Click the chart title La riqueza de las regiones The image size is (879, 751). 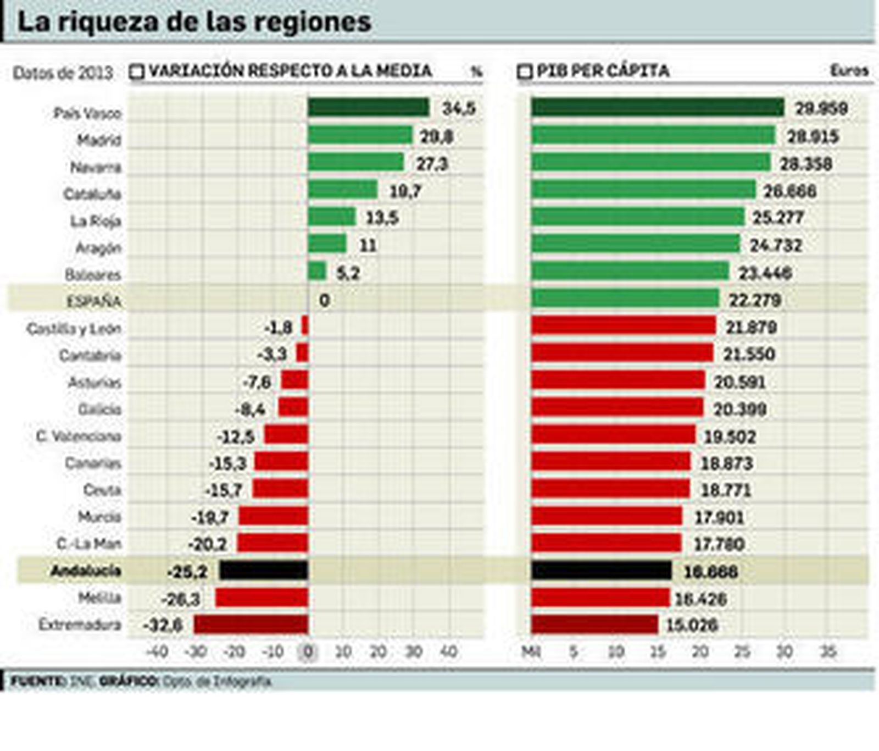point(194,22)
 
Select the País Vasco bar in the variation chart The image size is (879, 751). point(368,108)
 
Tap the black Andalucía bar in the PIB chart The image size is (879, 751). point(601,571)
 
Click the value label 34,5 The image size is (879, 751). point(459,108)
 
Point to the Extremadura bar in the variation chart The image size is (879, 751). point(251,625)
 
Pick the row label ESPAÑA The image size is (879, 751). point(93,301)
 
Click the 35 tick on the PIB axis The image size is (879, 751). point(827,652)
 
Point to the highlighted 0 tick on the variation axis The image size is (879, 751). point(308,652)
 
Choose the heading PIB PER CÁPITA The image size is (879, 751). point(603,71)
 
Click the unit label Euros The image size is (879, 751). point(849,70)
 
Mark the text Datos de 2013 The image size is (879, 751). point(63,73)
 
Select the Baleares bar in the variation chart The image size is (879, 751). point(317,271)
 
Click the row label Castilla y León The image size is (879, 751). point(74,329)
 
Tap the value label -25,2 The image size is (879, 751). point(187,572)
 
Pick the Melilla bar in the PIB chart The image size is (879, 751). point(600,598)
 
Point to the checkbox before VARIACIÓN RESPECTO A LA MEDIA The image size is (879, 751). point(137,71)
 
